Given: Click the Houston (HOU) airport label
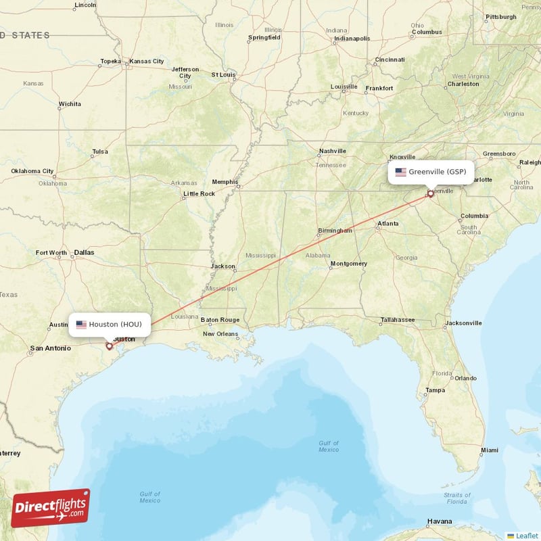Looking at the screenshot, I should (110, 325).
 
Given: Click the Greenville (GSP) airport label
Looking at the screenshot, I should (430, 172).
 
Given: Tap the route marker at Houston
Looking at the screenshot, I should (109, 346).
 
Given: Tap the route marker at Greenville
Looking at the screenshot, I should (430, 194).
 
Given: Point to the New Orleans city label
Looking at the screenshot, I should (221, 334).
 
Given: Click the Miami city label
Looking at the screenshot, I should (489, 450).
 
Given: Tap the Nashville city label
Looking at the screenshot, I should (332, 151).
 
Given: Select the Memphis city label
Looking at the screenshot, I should (225, 181).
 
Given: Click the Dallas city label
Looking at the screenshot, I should (85, 252).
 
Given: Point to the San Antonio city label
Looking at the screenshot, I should (49, 349).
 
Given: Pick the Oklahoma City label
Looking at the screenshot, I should (32, 171).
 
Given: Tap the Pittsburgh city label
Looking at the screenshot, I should (500, 16).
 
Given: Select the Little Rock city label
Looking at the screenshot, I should (199, 194).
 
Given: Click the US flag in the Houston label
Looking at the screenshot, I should (81, 325).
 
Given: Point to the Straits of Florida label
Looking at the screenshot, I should (456, 498).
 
